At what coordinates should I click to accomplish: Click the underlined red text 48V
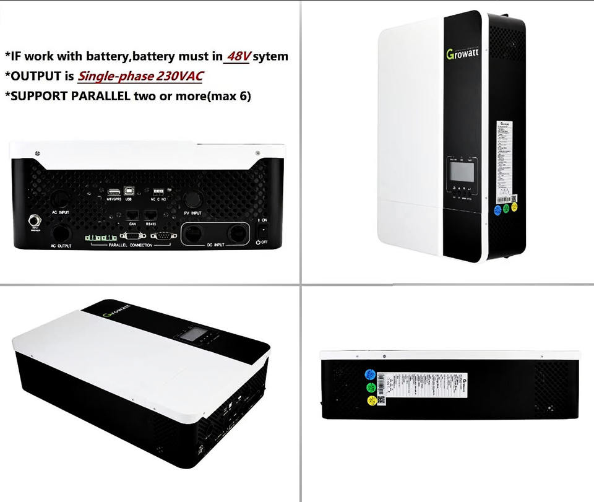pos(238,56)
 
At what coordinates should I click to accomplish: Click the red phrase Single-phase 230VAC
pos(140,76)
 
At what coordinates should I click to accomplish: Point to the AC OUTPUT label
pos(61,246)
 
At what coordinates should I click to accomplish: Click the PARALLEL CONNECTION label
pos(130,246)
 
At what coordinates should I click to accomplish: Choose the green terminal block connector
pos(101,238)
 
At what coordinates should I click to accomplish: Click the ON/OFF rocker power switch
pos(262,230)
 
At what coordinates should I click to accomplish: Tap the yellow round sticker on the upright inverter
pos(515,208)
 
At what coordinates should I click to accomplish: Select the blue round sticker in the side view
pos(370,374)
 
